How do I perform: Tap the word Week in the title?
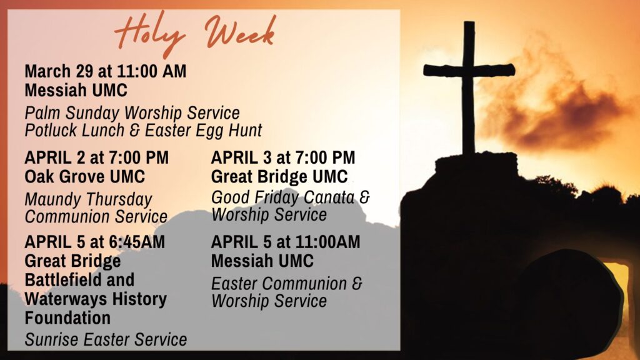(241, 31)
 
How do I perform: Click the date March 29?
(59, 71)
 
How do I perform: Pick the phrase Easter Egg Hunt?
(204, 131)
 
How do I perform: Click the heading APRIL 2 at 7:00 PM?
(97, 157)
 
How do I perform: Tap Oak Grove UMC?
(85, 177)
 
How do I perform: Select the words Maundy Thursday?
(88, 200)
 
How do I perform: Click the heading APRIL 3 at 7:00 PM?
(283, 157)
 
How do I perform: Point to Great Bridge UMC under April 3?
(279, 177)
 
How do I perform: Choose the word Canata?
(329, 197)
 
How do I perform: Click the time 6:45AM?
(136, 242)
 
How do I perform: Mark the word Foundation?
(67, 318)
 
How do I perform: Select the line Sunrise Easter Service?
(106, 339)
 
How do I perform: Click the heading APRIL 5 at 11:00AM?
(286, 242)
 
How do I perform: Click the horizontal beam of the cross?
(469, 70)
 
